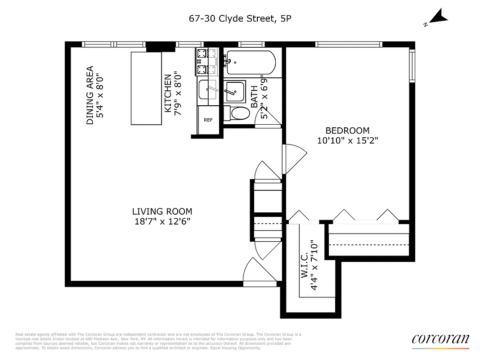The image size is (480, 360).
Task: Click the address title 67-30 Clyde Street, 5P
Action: pyautogui.click(x=240, y=18)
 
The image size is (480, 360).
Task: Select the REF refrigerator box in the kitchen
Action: pyautogui.click(x=208, y=120)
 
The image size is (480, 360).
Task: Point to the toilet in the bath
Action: pyautogui.click(x=238, y=113)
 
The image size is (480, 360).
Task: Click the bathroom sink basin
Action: pyautogui.click(x=235, y=92)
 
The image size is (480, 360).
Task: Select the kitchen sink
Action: pyautogui.click(x=208, y=90)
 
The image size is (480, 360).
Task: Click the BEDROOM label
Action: pyautogui.click(x=347, y=130)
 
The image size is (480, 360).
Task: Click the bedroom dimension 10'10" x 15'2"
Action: pyautogui.click(x=347, y=140)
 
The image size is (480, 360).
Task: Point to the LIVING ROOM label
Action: pyautogui.click(x=162, y=211)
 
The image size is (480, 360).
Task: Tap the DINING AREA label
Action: pyautogui.click(x=90, y=95)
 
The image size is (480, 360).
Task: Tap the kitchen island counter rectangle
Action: pyautogui.click(x=146, y=88)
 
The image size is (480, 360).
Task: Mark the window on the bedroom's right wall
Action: pyautogui.click(x=411, y=66)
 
